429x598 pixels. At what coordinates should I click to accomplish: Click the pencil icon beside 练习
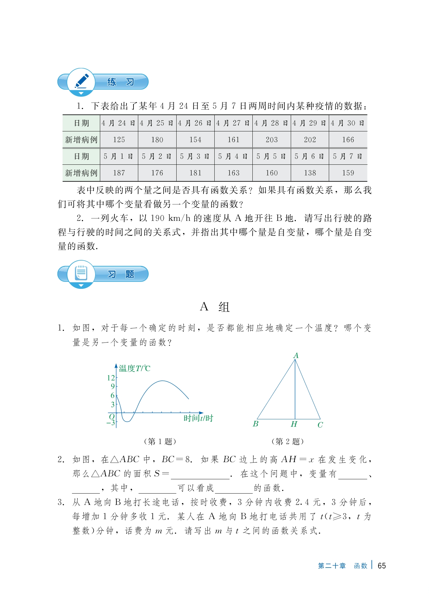tap(81, 81)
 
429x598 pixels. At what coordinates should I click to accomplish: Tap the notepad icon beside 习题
tap(81, 273)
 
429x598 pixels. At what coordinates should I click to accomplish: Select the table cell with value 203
tap(272, 140)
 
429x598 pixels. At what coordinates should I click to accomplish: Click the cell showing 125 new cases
tap(119, 140)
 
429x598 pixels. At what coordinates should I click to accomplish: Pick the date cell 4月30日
tap(348, 123)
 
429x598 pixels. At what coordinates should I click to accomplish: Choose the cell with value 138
tap(310, 173)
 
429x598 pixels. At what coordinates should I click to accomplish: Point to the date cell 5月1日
tap(119, 156)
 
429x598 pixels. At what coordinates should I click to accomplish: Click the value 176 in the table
tap(157, 173)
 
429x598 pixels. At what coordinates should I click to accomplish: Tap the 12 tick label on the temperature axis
tap(111, 378)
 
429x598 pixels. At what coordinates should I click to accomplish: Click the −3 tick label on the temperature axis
tap(111, 423)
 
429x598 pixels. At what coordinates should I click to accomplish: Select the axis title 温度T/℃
tap(134, 369)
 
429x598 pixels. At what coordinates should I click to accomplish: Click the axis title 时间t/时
tap(198, 418)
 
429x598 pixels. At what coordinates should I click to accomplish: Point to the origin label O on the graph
tap(112, 416)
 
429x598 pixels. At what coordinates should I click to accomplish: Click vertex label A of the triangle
tap(296, 355)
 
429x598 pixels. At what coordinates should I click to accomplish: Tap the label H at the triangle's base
tap(294, 424)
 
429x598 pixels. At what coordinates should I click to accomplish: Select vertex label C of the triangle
tap(320, 425)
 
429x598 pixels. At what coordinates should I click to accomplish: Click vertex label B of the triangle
tap(256, 424)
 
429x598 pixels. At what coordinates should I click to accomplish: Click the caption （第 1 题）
tap(160, 441)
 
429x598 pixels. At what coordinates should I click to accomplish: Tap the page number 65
tap(382, 566)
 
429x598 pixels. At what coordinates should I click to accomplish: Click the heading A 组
tap(215, 307)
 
